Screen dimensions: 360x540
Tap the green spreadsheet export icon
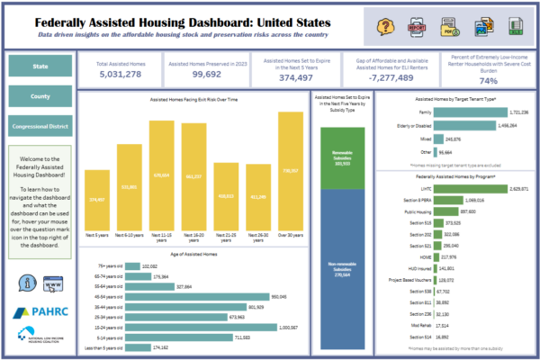pos(513,26)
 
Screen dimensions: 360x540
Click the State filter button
pos(39,65)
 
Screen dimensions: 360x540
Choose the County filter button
pos(39,96)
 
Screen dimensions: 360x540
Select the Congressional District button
pos(39,128)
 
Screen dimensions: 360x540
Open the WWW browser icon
pos(53,284)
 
